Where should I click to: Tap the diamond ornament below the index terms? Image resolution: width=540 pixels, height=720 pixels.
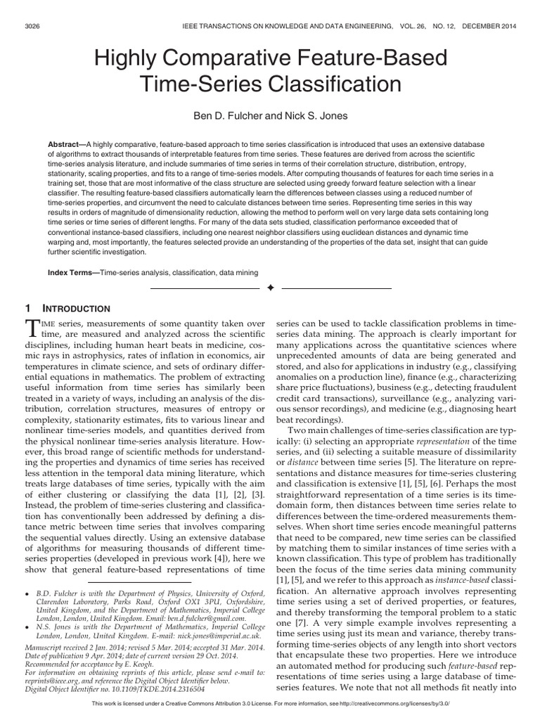coord(270,289)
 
